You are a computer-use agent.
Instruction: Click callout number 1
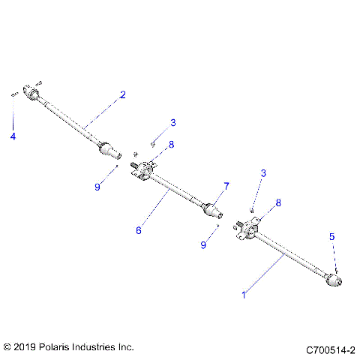[244, 295]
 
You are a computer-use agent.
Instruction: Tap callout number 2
[123, 94]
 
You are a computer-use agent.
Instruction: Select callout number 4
[12, 136]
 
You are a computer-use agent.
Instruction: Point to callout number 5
[332, 236]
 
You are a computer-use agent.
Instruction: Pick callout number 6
[138, 230]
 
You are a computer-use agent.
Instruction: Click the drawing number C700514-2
[330, 349]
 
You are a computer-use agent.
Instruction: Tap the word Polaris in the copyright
[58, 347]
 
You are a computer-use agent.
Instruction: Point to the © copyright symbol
[8, 347]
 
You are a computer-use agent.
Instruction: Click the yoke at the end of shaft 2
[32, 91]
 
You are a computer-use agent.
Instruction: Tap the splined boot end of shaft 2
[109, 150]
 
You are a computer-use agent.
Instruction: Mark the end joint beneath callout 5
[335, 281]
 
